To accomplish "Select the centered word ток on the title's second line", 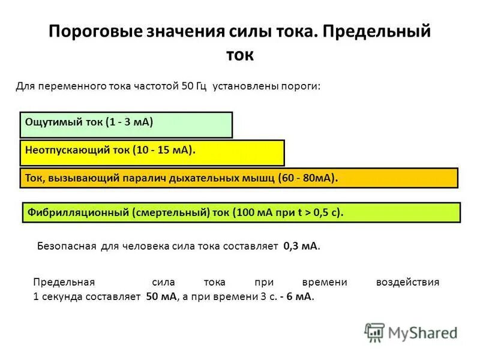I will point(240,55).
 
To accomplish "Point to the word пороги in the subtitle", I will point(301,86).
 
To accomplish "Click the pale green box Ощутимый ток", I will point(126,125).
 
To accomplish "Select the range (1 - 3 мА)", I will point(129,121).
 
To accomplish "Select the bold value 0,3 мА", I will point(301,246).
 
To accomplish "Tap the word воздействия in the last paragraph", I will point(407,282).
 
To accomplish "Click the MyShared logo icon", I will point(374,332).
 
